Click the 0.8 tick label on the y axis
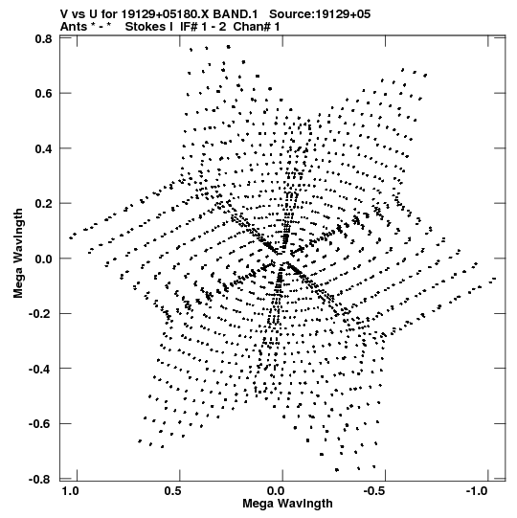pos(43,39)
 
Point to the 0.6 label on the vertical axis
pos(43,94)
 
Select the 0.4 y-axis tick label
pos(43,148)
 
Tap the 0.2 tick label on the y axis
pos(43,204)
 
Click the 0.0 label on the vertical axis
pos(43,259)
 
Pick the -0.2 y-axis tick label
pos(40,313)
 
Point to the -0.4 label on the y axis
pos(40,369)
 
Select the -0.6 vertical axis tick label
pos(40,423)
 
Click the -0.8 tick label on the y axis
pos(40,479)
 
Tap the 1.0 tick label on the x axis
pos(70,491)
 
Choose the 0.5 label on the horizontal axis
pos(173,491)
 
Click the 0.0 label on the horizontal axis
pos(276,491)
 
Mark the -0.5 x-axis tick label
pos(375,491)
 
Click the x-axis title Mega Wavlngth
pos(287,504)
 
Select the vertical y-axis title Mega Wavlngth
pos(18,254)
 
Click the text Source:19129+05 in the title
pos(320,14)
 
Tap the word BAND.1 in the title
pos(236,14)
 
